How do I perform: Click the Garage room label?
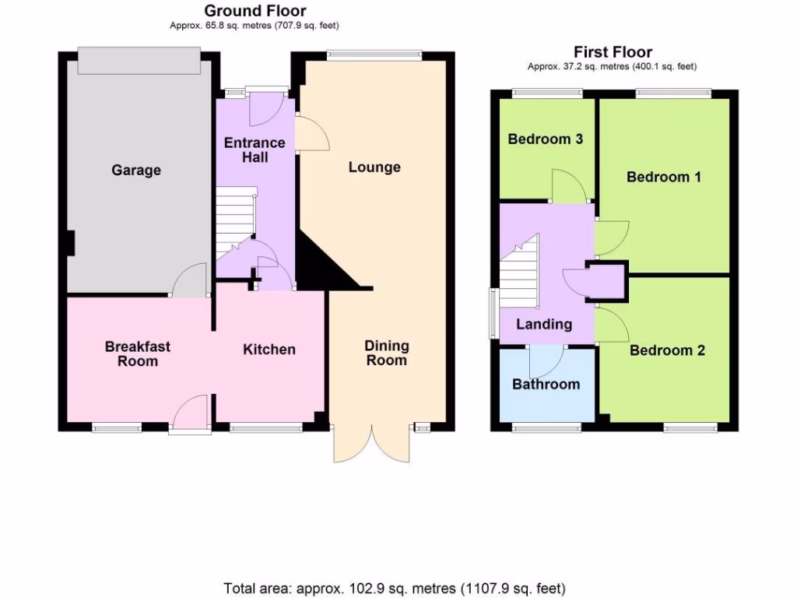(x=136, y=170)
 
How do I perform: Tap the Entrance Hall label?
(x=255, y=150)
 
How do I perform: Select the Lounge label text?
(x=374, y=167)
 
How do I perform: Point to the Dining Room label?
(x=387, y=353)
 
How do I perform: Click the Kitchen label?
(x=269, y=350)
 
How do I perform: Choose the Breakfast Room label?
(x=138, y=354)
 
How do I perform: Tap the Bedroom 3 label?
(x=546, y=139)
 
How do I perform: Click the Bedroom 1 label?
(x=664, y=177)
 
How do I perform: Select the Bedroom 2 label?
(x=667, y=350)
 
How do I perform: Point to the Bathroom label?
(x=546, y=384)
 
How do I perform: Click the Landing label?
(x=544, y=325)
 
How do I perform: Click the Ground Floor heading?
(x=255, y=11)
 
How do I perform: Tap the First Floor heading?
(x=613, y=53)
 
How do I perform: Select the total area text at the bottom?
(x=395, y=588)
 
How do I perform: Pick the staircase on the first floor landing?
(x=517, y=273)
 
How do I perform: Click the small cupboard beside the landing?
(x=606, y=282)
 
